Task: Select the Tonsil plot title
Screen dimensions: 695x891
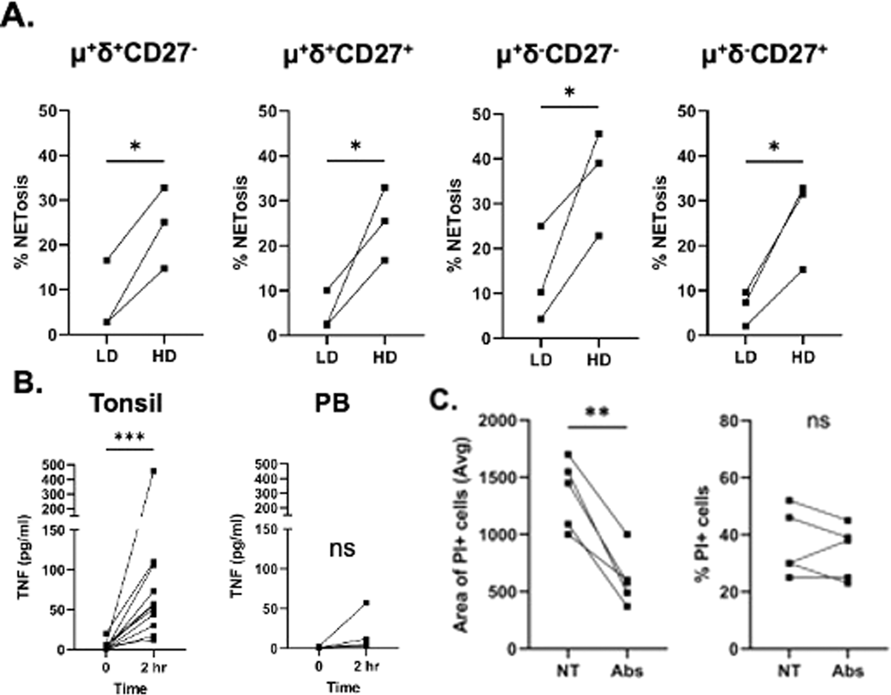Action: pyautogui.click(x=126, y=403)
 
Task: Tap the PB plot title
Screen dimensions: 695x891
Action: pyautogui.click(x=332, y=403)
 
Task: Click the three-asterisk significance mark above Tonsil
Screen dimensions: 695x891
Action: pyautogui.click(x=129, y=437)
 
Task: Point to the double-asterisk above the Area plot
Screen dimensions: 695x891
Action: pyautogui.click(x=597, y=413)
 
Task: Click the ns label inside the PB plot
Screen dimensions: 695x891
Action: pyautogui.click(x=342, y=549)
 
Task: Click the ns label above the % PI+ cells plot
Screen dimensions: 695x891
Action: pyautogui.click(x=818, y=421)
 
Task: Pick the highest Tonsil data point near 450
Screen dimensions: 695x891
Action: pyautogui.click(x=153, y=472)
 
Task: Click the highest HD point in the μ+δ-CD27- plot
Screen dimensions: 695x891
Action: pyautogui.click(x=599, y=134)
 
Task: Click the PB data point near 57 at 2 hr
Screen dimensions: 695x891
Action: pyautogui.click(x=366, y=603)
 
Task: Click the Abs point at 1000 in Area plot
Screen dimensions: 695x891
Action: pyautogui.click(x=627, y=534)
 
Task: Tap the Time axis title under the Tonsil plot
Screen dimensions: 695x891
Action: pyautogui.click(x=130, y=688)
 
